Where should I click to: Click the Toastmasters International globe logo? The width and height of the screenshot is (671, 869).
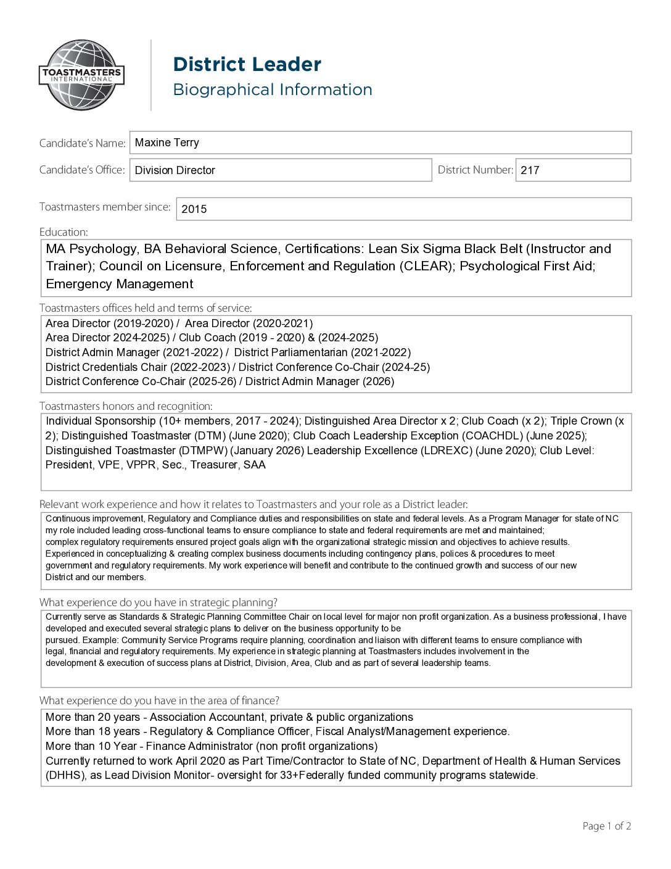82,75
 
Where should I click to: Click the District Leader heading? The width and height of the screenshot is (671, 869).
247,64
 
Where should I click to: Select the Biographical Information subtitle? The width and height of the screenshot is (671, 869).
272,89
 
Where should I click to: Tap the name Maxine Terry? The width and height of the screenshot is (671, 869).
167,143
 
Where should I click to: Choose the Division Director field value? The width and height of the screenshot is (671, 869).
175,170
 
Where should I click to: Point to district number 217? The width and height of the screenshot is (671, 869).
530,170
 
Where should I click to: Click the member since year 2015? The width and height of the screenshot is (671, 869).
194,209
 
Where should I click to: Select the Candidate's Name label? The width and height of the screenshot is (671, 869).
82,143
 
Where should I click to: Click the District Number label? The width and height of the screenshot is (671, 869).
475,170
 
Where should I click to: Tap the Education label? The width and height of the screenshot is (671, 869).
64,232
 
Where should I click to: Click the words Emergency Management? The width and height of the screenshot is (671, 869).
119,284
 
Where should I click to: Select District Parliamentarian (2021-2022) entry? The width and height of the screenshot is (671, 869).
322,352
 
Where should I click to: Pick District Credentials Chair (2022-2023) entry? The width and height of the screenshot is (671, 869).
138,367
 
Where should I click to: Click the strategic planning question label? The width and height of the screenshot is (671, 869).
158,602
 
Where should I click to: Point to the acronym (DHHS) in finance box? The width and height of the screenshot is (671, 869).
65,775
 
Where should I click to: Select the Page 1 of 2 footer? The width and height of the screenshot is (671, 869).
606,826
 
